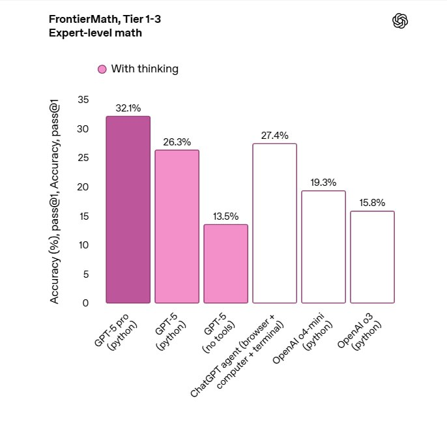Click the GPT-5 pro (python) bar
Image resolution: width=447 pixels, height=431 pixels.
click(x=128, y=209)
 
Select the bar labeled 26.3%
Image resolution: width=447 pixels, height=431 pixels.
click(x=177, y=226)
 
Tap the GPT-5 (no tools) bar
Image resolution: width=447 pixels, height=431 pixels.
click(x=225, y=263)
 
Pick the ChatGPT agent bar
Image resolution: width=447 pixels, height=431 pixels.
click(x=274, y=223)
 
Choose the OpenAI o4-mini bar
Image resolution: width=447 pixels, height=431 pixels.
click(x=323, y=246)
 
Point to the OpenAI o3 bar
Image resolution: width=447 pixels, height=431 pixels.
click(x=372, y=257)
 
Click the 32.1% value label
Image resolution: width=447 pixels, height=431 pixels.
click(x=128, y=108)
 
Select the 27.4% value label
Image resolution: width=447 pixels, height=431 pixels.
click(x=274, y=136)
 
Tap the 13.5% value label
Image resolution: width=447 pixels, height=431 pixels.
click(x=225, y=216)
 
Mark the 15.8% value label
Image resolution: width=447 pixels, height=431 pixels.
click(x=372, y=203)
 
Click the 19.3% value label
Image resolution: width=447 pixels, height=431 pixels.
click(x=323, y=183)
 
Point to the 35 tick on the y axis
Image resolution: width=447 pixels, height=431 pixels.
click(x=83, y=100)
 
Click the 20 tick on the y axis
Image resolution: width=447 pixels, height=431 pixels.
click(x=83, y=187)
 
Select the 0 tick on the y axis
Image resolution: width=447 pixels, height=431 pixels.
click(x=85, y=303)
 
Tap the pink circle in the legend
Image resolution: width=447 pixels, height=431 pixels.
click(x=102, y=69)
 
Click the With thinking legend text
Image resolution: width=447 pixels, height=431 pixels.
click(x=145, y=69)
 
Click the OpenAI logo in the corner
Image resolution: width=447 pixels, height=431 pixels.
click(x=400, y=22)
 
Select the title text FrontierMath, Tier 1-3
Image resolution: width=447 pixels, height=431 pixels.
click(x=104, y=20)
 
